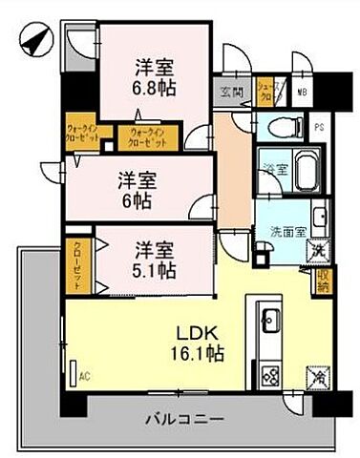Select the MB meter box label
[301, 91]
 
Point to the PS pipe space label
[320, 124]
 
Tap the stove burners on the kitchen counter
[266, 375]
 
